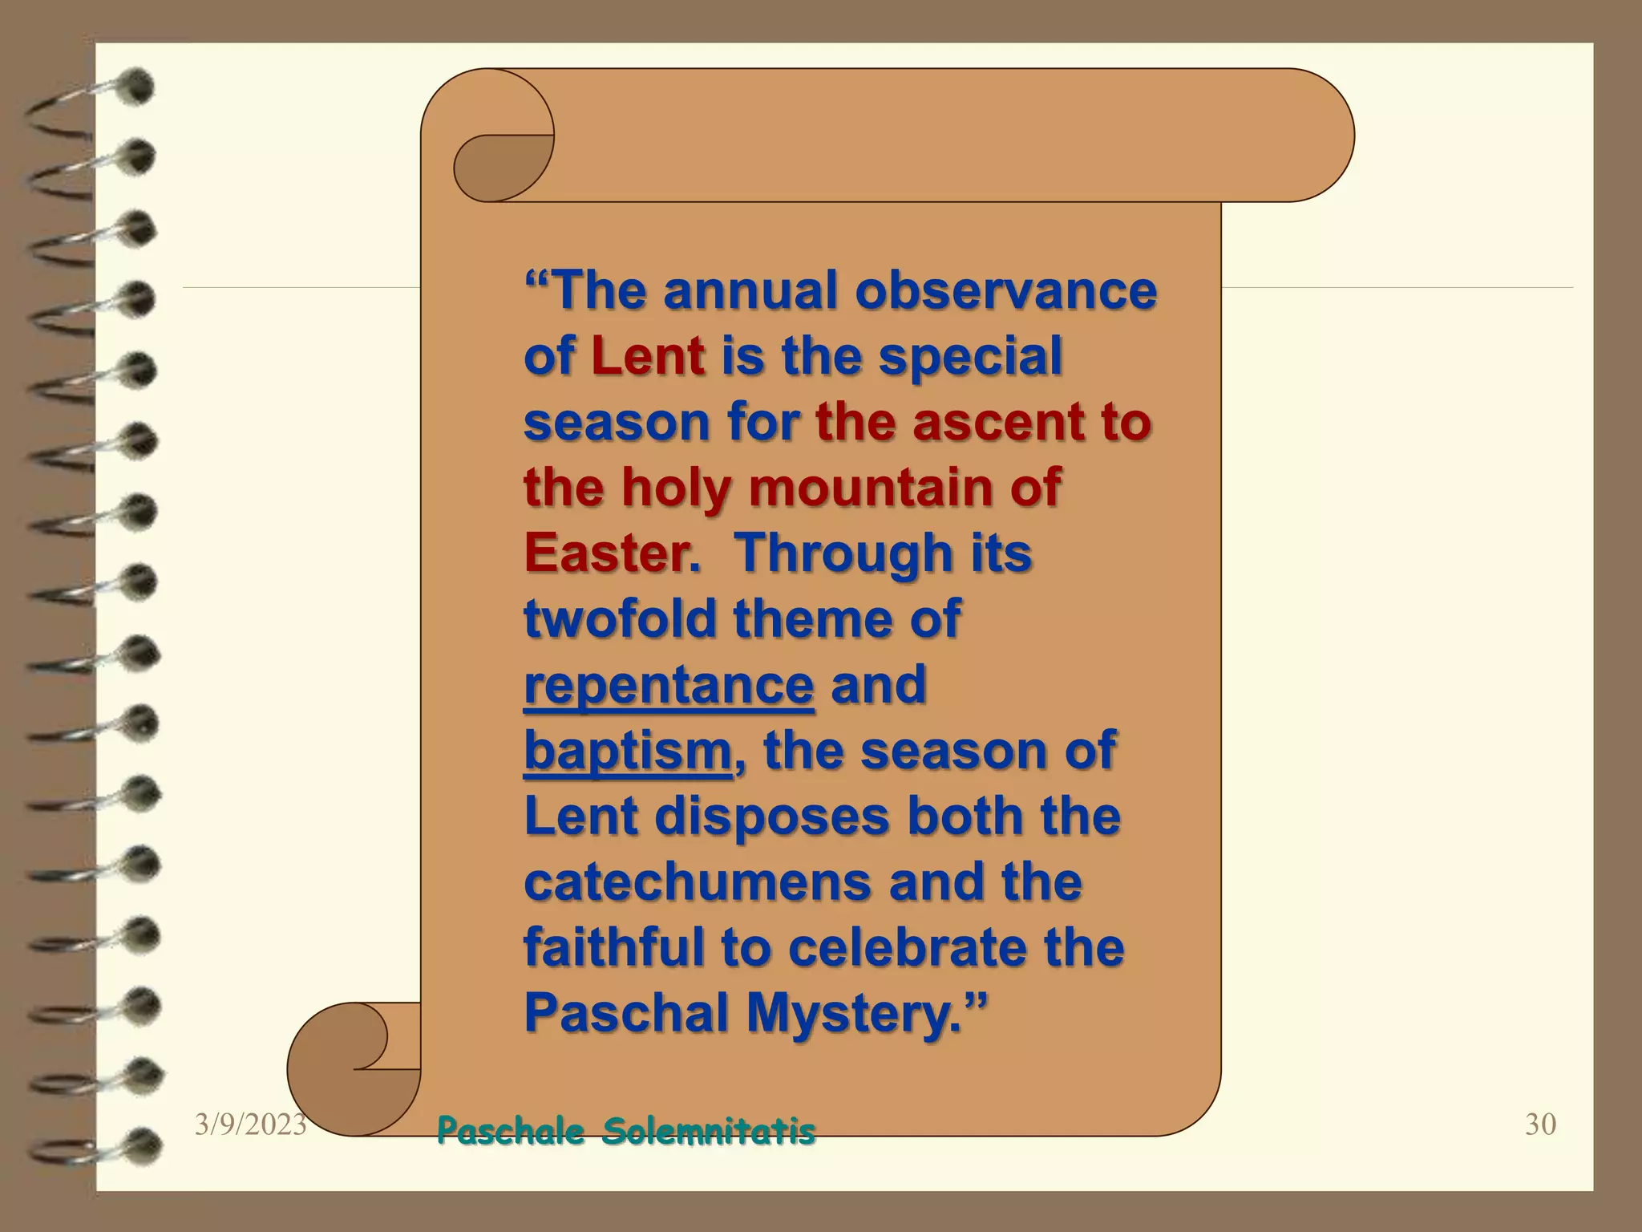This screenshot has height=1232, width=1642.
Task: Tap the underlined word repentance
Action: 669,685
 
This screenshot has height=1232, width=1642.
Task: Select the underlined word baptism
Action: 627,751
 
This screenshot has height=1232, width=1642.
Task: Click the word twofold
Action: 620,618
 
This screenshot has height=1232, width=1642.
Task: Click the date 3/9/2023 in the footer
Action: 250,1125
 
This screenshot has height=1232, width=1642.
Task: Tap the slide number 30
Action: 1540,1125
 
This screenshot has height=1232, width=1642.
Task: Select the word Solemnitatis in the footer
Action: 709,1132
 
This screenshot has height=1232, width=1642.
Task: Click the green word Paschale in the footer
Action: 511,1132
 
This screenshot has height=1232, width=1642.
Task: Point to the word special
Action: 970,356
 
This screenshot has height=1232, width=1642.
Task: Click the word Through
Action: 844,553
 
